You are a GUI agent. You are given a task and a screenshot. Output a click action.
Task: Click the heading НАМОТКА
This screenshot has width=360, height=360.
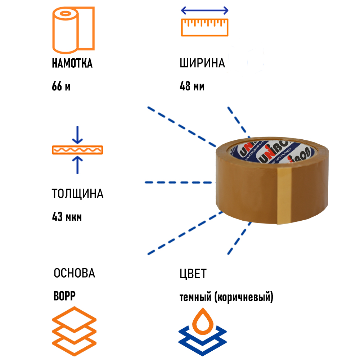72,63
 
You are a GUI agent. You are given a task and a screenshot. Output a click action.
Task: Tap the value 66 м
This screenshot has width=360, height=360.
61,87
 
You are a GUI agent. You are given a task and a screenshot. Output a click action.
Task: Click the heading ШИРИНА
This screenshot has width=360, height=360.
202,63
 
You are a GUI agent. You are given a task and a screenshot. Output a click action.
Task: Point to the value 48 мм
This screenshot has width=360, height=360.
192,87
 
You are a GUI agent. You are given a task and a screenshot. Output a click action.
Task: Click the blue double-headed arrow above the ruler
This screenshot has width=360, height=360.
204,10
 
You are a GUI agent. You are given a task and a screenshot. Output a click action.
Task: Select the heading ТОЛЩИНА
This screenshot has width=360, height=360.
77,194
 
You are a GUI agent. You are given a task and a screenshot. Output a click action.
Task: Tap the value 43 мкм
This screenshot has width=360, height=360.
67,217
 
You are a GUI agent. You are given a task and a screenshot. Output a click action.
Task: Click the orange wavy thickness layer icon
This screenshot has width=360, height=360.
77,150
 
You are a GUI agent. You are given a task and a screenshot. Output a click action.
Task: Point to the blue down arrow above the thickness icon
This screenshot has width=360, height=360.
77,135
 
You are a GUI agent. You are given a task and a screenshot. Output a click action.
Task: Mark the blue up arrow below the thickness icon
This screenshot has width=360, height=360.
77,165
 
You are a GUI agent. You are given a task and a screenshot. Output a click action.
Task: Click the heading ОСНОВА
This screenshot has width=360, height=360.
74,273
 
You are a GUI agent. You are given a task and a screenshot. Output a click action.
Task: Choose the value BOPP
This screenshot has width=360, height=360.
64,296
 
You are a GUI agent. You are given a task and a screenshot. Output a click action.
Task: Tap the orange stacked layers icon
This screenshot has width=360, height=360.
74,326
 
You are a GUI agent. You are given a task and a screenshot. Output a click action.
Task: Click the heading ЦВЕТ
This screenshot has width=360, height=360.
193,274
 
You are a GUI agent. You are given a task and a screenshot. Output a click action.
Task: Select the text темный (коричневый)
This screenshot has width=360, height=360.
226,298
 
